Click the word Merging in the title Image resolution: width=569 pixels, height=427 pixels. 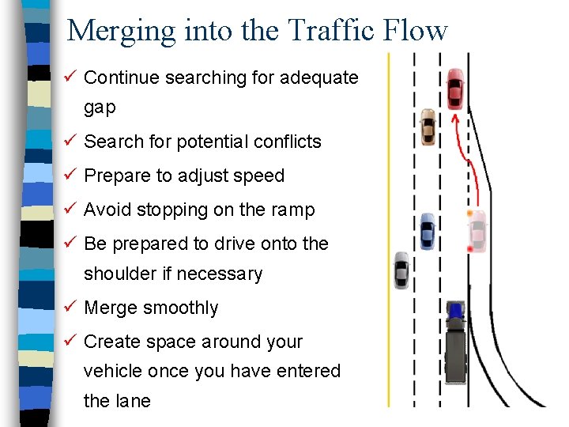(120, 32)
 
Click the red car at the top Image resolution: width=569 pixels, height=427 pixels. (455, 89)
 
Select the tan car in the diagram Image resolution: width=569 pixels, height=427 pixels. (428, 127)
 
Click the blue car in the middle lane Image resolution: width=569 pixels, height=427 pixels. (427, 231)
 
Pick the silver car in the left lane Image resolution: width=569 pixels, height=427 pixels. (401, 270)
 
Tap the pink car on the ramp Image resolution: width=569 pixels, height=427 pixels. (477, 230)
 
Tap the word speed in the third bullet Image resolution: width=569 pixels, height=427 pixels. (262, 176)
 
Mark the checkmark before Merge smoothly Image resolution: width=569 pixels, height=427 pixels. (70, 307)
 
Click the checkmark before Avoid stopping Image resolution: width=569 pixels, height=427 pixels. (70, 210)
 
